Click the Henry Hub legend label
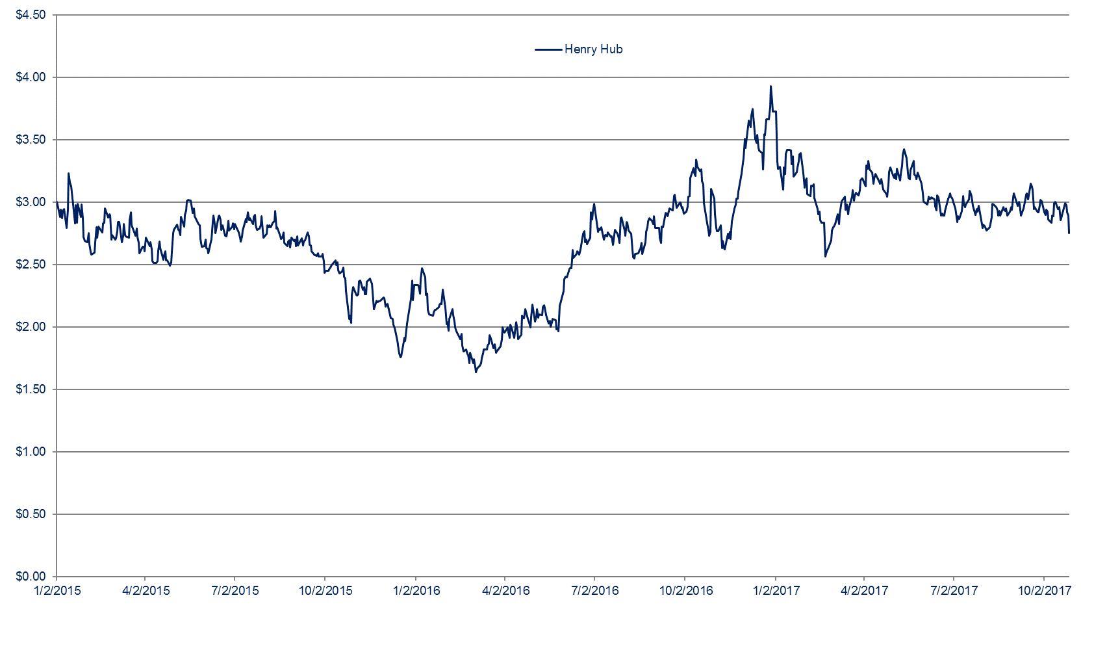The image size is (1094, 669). click(x=593, y=49)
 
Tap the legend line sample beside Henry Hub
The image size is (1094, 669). click(x=548, y=49)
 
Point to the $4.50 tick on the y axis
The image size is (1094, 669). click(x=31, y=15)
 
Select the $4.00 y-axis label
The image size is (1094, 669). click(x=31, y=77)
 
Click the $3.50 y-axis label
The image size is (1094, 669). click(x=31, y=140)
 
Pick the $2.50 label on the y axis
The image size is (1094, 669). click(x=31, y=265)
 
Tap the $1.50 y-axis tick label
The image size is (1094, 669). click(x=31, y=389)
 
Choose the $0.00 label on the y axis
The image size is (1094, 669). click(x=31, y=577)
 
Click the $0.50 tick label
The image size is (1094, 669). click(x=31, y=514)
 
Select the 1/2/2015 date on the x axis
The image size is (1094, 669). click(x=57, y=591)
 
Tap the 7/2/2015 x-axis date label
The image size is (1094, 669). click(x=235, y=591)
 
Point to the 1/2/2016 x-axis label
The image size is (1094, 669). click(x=416, y=591)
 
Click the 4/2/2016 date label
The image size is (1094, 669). click(x=506, y=591)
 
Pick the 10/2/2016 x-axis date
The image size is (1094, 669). click(x=686, y=591)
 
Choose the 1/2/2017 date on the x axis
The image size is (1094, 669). click(x=776, y=591)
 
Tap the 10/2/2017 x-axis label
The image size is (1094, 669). click(x=1044, y=591)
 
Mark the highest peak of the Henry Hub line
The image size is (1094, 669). click(x=770, y=86)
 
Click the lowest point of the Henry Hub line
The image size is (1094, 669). click(x=476, y=372)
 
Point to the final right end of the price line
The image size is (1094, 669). click(x=1069, y=233)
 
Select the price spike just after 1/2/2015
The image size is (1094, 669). click(x=68, y=174)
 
